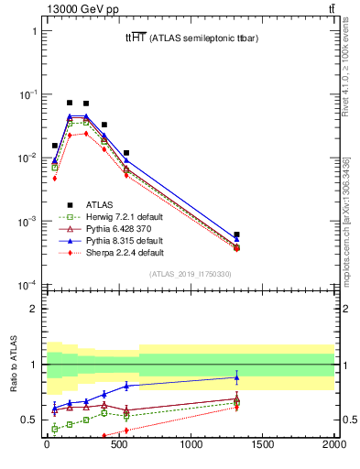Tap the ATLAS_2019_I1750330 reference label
pyautogui.click(x=191, y=274)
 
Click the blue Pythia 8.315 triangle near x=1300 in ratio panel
pyautogui.click(x=236, y=377)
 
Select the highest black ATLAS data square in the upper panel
pyautogui.click(x=70, y=103)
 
